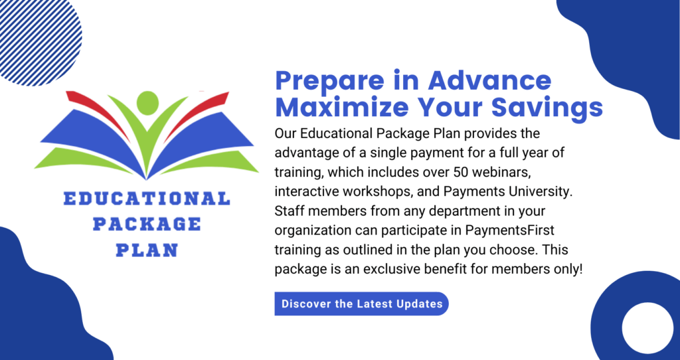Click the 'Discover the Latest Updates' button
(361, 304)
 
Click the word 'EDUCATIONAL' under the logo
(147, 199)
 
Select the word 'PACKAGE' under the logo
(147, 225)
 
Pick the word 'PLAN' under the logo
(147, 250)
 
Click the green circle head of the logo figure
(147, 103)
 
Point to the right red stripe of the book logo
(197, 113)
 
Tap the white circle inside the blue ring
(647, 328)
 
